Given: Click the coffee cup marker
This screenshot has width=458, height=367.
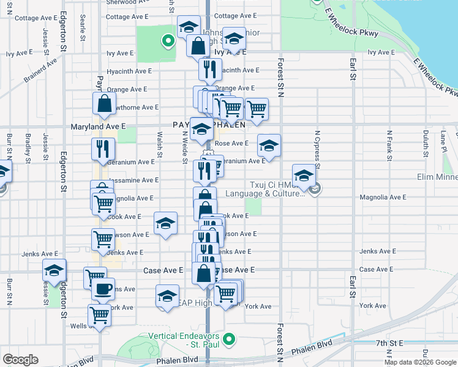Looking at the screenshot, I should pyautogui.click(x=103, y=289).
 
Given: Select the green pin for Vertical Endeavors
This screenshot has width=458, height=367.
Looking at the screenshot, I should pyautogui.click(x=230, y=338).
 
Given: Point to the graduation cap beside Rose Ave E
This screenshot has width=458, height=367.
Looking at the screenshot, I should pyautogui.click(x=269, y=146).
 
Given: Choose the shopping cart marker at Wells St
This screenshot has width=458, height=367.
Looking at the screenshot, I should pyautogui.click(x=99, y=316).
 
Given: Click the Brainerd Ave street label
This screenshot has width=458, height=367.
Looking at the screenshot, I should pyautogui.click(x=40, y=70).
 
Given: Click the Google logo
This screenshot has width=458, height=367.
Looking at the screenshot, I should pyautogui.click(x=20, y=360).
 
